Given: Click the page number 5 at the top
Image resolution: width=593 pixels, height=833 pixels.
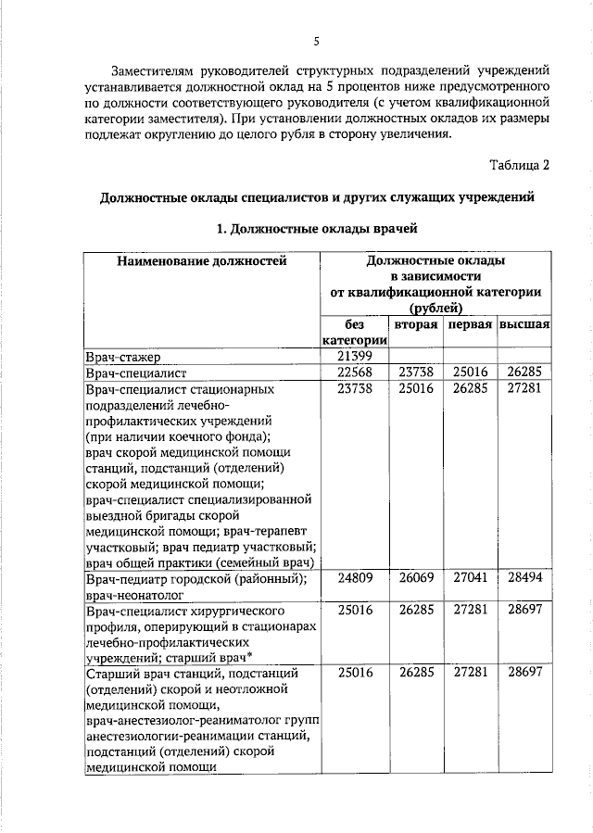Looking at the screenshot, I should point(316,41).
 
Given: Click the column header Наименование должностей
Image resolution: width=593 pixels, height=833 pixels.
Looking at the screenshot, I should point(201,262).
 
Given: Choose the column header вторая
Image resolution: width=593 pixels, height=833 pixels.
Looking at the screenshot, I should point(415,325).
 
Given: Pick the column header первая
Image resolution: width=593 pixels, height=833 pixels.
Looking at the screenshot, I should point(470,325).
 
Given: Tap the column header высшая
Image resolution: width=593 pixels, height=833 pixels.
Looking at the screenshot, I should point(525,325).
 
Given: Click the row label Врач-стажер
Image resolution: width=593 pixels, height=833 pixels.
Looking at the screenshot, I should point(122,357).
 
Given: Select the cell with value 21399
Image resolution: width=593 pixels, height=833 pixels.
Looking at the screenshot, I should point(354,357).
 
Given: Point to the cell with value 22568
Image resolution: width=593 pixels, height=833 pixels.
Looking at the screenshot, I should point(354,372).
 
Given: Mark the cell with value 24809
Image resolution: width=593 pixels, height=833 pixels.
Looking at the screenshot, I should point(354,578).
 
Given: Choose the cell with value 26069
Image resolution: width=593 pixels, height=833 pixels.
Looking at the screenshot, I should point(416,578).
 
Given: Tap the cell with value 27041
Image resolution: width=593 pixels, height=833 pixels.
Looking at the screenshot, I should point(470,578).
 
